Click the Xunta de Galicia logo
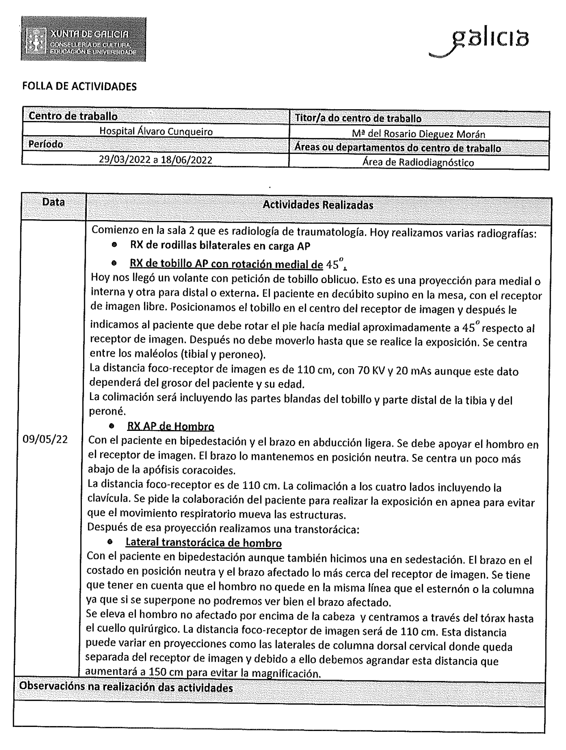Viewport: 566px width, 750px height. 83,39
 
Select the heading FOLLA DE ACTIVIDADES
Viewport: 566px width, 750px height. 79,86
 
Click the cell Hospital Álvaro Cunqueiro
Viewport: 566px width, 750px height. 156,131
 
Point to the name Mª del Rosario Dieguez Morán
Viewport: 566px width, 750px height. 418,134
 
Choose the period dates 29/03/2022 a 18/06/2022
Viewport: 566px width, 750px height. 155,160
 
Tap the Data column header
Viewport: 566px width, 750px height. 53,202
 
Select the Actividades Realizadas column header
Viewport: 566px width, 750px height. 318,205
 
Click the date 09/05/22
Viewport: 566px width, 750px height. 45,439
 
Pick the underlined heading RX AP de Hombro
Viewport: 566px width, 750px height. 171,426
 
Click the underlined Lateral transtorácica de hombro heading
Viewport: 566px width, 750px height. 203,543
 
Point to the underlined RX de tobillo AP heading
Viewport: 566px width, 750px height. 226,264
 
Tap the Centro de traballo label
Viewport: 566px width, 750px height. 73,116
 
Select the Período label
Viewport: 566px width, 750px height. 46,144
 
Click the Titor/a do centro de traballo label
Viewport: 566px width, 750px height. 358,118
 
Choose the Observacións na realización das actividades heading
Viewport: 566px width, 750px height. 126,687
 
